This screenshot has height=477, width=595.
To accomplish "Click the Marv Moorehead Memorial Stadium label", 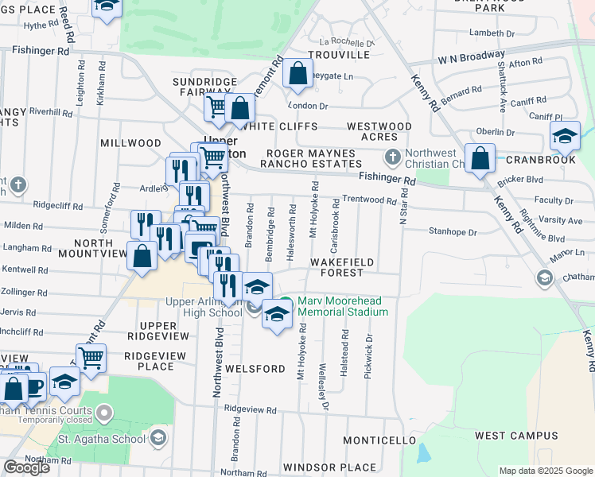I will tap(342, 307).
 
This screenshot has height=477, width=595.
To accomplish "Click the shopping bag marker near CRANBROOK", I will tap(480, 158).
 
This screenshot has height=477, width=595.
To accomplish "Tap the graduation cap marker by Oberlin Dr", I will tap(565, 137).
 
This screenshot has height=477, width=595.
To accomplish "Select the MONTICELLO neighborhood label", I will tap(379, 440).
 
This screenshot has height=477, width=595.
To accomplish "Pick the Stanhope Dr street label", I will tap(453, 233).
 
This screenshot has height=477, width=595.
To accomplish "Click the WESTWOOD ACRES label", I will tap(379, 132).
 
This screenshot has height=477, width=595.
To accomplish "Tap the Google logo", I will tap(25, 467).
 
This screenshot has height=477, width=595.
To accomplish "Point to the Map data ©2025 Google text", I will tap(545, 471).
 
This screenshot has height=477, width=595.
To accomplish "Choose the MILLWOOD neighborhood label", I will tap(130, 143).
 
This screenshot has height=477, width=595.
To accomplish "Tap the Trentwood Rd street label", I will tap(369, 200).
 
